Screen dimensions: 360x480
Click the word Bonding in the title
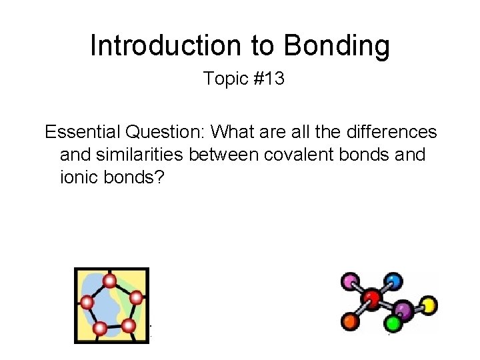(x=337, y=46)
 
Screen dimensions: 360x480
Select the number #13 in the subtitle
(x=269, y=79)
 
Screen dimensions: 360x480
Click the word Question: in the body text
(x=170, y=132)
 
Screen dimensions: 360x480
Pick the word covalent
(x=301, y=155)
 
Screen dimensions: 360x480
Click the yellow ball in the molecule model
(x=429, y=306)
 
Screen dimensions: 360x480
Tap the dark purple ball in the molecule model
(x=402, y=309)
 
